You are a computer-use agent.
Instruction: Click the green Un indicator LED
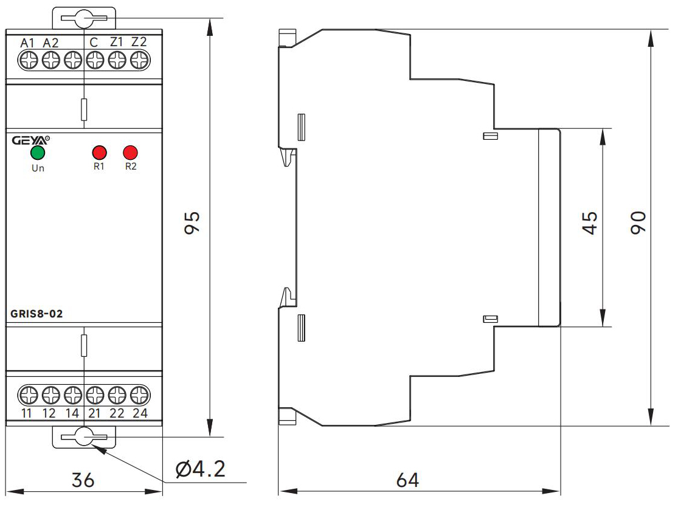click(38, 152)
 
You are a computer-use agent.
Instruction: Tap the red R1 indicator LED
click(99, 152)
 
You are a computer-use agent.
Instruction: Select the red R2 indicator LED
click(130, 152)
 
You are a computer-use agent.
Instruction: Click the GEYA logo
click(30, 140)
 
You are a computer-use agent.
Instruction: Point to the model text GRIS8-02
click(37, 314)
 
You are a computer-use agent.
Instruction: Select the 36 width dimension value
click(83, 480)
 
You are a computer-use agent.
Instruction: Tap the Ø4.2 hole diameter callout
click(200, 469)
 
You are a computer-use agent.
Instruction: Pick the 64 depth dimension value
click(407, 480)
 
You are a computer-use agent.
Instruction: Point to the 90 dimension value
click(637, 223)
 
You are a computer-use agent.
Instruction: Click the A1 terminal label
click(28, 43)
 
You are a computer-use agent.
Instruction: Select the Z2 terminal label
click(139, 43)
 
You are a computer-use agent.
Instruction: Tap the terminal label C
click(94, 43)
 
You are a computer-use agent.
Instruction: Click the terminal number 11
click(27, 414)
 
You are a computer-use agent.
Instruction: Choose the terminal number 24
click(140, 414)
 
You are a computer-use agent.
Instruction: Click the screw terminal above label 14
click(72, 395)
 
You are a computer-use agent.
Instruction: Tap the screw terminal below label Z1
click(117, 60)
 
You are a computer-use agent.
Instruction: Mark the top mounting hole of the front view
click(84, 19)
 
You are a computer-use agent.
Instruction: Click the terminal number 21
click(94, 414)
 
